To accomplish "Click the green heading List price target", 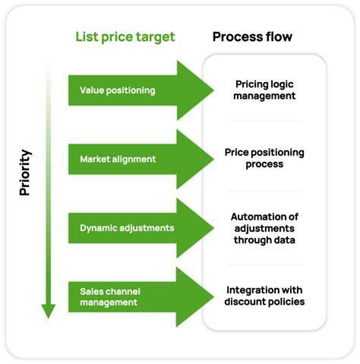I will pos(125,36).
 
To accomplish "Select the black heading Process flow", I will pos(252,36).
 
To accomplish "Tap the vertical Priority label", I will pos(25,173).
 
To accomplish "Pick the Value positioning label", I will pos(117,90).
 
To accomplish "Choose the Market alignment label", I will pos(117,159).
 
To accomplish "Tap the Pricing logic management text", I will pos(264,90).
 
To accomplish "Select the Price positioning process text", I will pos(264,158).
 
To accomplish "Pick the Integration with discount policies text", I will pos(264,296).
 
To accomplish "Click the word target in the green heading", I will pos(155,37).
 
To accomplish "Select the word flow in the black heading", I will pos(276,36).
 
